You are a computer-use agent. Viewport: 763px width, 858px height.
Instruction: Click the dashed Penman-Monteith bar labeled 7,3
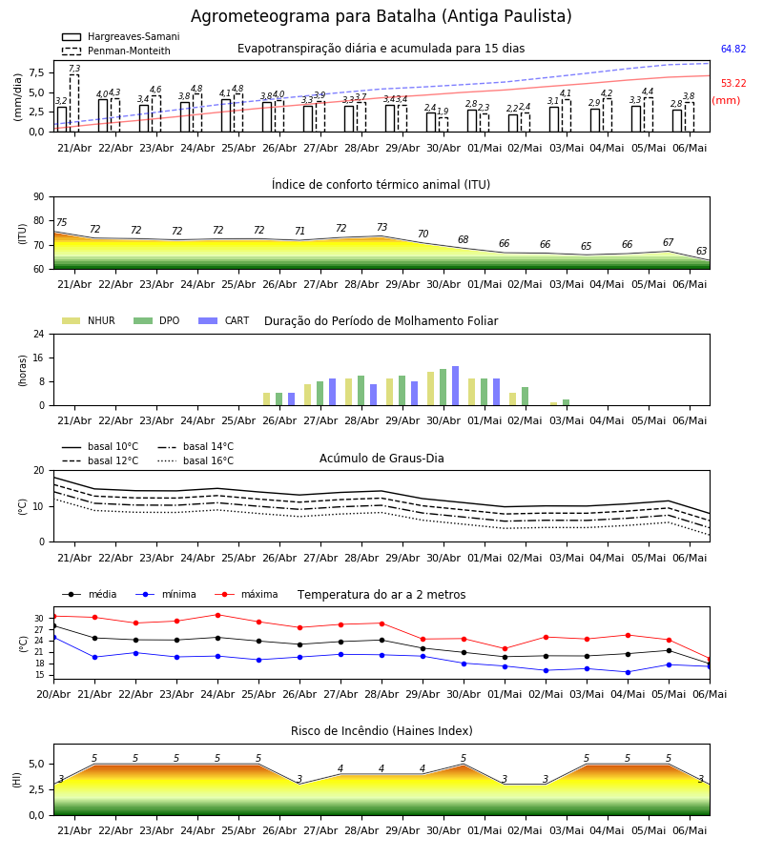point(73,103)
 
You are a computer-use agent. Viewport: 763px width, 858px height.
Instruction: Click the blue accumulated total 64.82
point(733,49)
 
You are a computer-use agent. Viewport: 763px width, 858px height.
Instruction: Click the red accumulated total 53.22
point(733,83)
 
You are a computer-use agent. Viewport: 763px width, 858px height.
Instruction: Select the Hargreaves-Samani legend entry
point(121,36)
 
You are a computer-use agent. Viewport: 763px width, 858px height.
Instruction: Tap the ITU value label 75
point(61,222)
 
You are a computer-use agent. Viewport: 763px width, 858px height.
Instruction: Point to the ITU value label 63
point(701,251)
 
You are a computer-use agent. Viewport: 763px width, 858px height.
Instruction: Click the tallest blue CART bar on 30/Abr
point(455,386)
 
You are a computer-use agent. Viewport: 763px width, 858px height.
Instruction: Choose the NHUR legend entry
point(89,320)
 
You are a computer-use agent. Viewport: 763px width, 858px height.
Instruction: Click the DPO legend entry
point(156,320)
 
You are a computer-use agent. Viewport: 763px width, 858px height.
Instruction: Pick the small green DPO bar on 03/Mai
point(566,402)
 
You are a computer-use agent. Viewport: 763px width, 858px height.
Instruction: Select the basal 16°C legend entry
point(196,460)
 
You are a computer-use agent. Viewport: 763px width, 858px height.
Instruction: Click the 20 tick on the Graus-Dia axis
point(39,470)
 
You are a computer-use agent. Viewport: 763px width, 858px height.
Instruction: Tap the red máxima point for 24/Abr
point(217,615)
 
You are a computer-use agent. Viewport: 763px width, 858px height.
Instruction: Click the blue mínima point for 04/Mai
point(628,672)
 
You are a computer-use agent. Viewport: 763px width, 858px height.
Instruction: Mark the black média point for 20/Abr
point(53,626)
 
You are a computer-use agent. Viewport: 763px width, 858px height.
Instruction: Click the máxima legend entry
point(246,594)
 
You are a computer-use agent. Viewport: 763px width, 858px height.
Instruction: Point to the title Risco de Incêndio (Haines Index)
point(381,731)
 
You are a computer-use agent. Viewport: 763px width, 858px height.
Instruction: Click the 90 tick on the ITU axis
point(39,196)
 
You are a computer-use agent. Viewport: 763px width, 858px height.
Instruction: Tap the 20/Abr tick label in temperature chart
point(53,694)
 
